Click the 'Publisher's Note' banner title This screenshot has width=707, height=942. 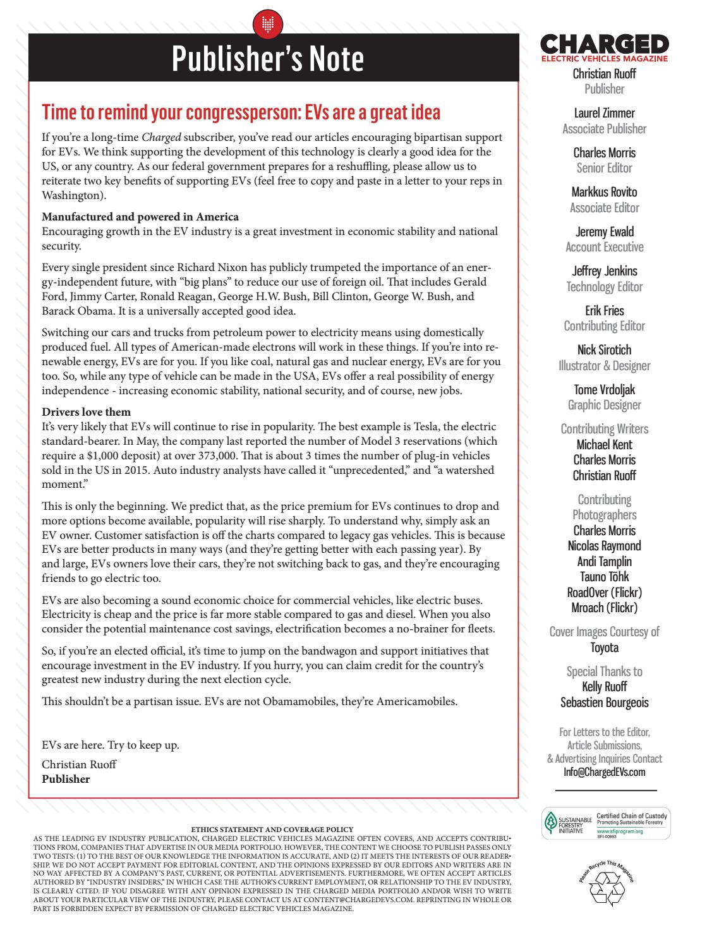coord(268,59)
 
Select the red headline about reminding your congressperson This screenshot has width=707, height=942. coord(241,112)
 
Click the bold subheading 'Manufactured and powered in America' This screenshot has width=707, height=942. coord(140,217)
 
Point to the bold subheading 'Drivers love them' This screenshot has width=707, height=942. coord(87,412)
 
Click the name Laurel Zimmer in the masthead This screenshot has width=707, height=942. coord(604,113)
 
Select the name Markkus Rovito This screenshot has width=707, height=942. coord(604,192)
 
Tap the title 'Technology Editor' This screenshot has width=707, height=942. coord(604,287)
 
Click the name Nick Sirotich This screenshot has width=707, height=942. coord(604,350)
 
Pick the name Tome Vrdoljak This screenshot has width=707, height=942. coord(604,389)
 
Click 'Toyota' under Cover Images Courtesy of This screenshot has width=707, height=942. coord(604,647)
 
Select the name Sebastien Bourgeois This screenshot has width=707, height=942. coord(604,703)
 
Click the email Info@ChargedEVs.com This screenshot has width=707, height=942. coord(604,772)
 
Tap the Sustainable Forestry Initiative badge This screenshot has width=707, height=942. coord(604,823)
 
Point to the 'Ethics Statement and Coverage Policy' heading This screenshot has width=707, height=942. coord(272,830)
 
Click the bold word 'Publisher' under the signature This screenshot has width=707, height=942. coord(66,779)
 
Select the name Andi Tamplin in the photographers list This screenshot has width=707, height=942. coord(604,561)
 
